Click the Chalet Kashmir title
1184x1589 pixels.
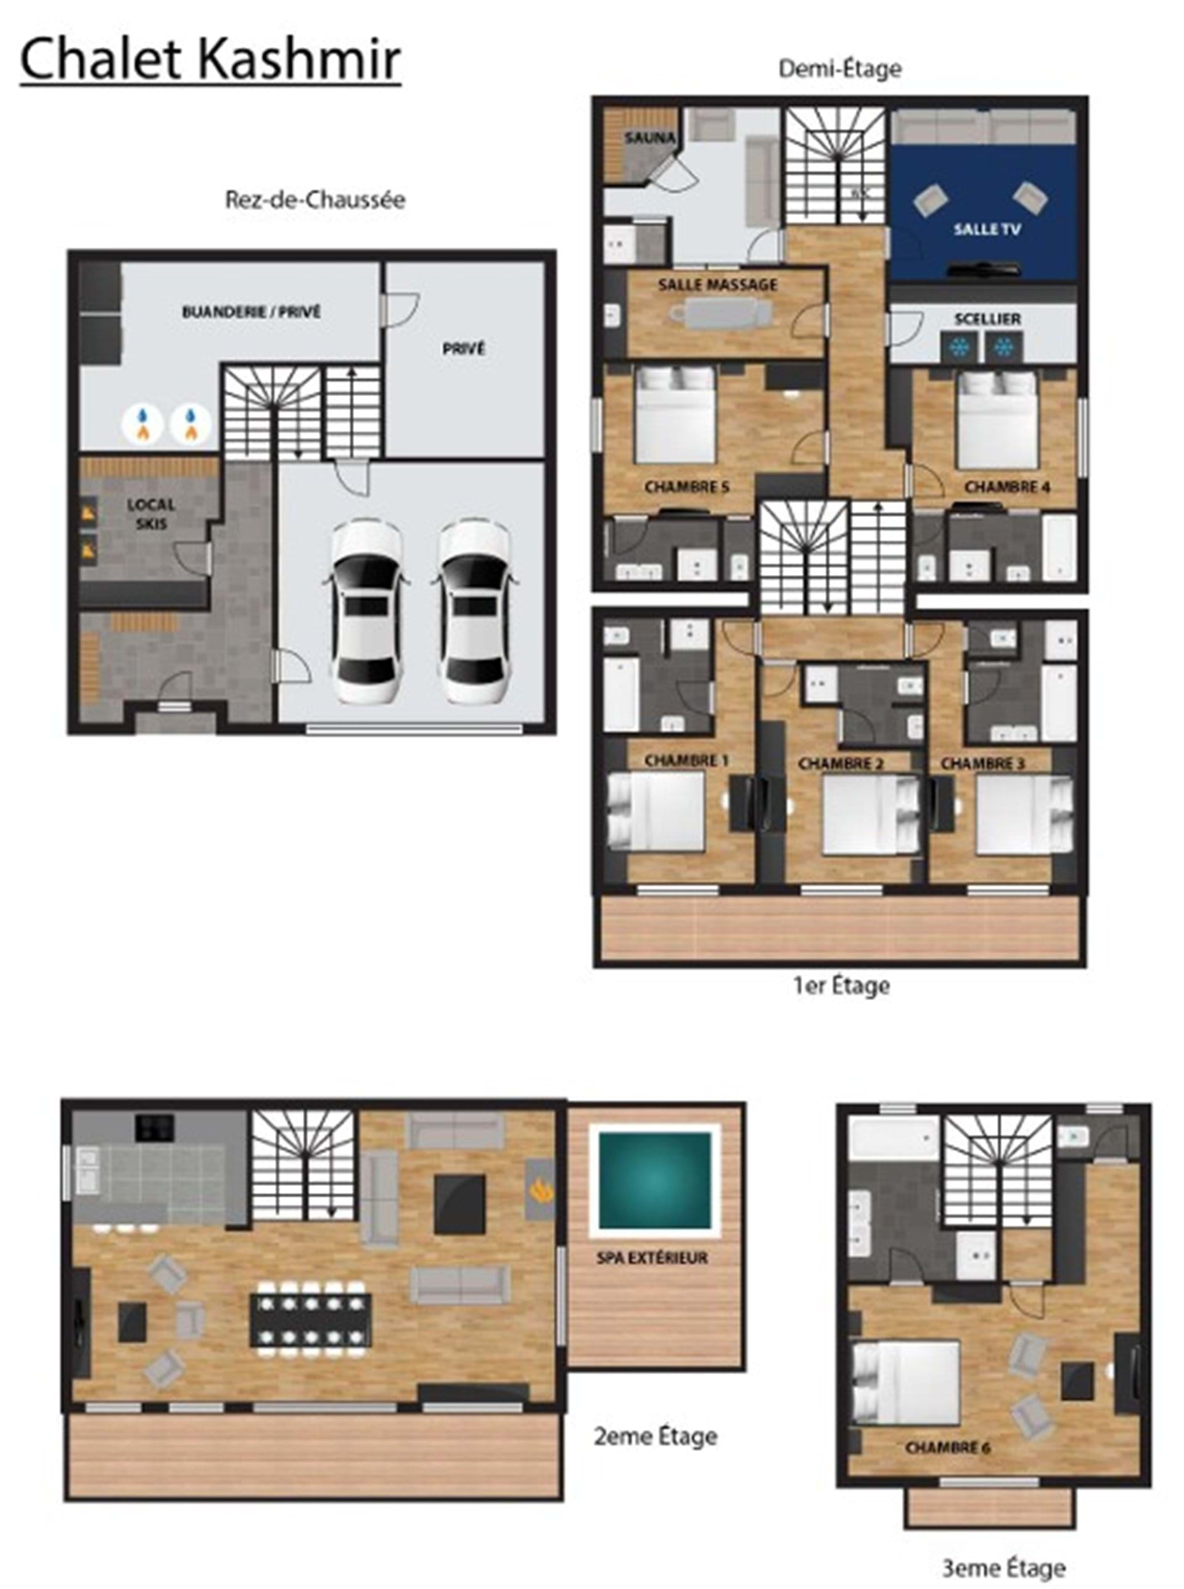[210, 60]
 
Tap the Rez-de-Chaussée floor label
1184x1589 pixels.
[315, 199]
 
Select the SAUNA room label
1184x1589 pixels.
[649, 138]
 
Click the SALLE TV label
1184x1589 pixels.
[986, 230]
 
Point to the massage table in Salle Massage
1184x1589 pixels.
[721, 313]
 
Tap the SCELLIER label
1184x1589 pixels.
[987, 318]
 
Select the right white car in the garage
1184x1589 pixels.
[474, 612]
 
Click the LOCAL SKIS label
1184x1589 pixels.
[151, 514]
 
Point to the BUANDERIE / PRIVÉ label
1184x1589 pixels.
[251, 312]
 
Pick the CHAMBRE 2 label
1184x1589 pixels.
[841, 764]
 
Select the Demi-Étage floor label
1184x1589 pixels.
[840, 69]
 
